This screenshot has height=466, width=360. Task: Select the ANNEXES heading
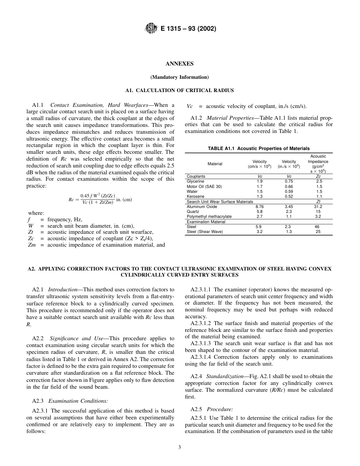pyautogui.click(x=180, y=64)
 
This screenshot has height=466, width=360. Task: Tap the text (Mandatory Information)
pyautogui.click(x=180, y=77)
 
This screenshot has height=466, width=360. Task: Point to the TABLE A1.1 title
pyautogui.click(x=258, y=149)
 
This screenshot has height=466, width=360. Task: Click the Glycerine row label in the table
pyautogui.click(x=196, y=181)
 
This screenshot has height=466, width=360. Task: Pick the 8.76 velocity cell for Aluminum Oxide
pyautogui.click(x=260, y=207)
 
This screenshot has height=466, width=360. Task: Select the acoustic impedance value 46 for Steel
pyautogui.click(x=318, y=227)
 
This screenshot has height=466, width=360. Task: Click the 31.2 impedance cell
pyautogui.click(x=318, y=207)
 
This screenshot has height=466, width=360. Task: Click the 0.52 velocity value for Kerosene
pyautogui.click(x=289, y=197)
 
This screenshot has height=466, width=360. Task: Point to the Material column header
pyautogui.click(x=215, y=164)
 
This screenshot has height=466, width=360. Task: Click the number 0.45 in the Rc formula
pyautogui.click(x=85, y=196)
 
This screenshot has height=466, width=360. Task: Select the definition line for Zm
pyautogui.click(x=97, y=245)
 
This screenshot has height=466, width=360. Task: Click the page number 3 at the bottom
pyautogui.click(x=180, y=447)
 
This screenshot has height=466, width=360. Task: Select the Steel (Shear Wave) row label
pyautogui.click(x=205, y=232)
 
